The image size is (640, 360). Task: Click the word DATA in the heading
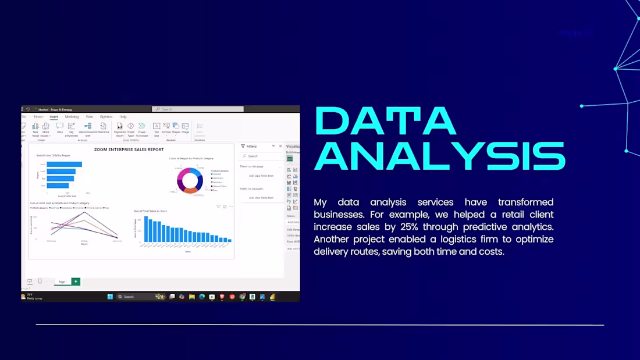pos(385,122)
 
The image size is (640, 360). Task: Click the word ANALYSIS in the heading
pos(439,156)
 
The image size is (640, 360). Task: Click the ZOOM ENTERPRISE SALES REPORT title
pos(129,149)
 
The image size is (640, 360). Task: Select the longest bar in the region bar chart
pos(64,164)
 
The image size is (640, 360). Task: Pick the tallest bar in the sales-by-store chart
pos(146,229)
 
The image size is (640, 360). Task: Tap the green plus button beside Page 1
pos(76,281)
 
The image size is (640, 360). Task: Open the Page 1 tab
pos(62,281)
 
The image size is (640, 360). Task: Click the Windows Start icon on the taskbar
pos(110,297)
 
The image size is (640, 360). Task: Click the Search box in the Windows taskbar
pos(135,297)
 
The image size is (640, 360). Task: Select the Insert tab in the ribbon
pos(54,117)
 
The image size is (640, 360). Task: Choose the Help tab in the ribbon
pos(123,117)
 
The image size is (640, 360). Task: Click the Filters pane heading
pos(251,147)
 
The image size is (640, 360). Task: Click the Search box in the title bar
pos(198,109)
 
